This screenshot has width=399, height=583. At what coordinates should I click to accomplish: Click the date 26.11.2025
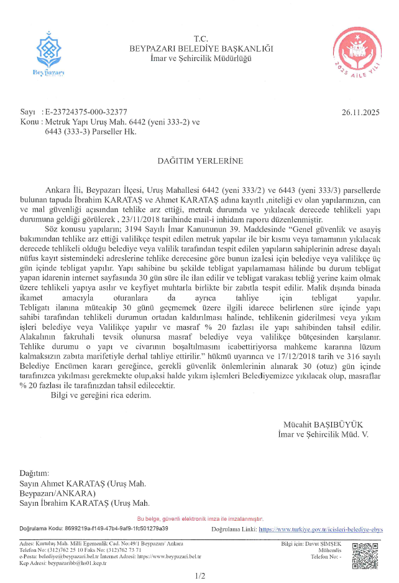tap(360, 113)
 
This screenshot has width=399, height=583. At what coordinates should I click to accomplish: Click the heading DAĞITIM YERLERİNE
tap(200, 161)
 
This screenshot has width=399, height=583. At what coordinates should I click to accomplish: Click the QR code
tap(365, 556)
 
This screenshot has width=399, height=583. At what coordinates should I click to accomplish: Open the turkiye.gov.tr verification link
tap(321, 529)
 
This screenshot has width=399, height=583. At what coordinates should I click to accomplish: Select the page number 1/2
tap(199, 576)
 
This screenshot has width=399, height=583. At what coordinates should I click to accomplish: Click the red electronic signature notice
tap(200, 519)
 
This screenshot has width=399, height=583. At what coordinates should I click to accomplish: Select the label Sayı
tap(27, 113)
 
